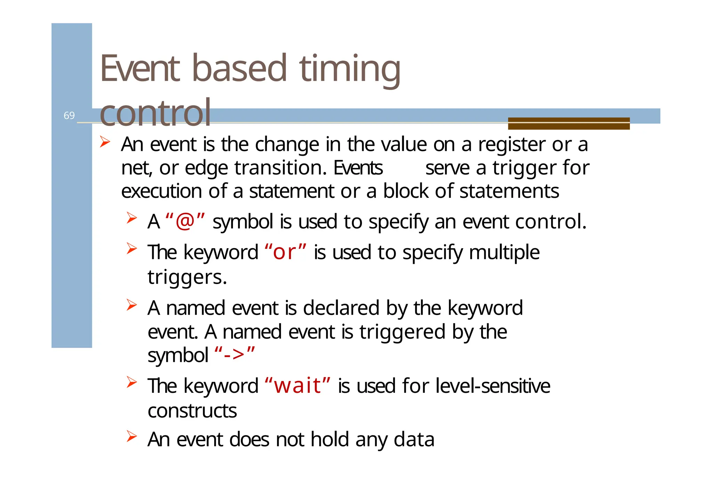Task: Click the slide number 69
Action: [x=69, y=115]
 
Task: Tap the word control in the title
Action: [x=155, y=113]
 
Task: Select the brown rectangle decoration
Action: [x=568, y=123]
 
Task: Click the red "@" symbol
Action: [x=185, y=221]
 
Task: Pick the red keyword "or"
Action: [x=285, y=252]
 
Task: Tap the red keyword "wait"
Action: [x=297, y=386]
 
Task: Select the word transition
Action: [x=280, y=168]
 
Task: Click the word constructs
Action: [x=192, y=411]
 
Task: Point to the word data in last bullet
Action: [x=414, y=439]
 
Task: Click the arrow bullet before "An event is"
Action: [x=105, y=142]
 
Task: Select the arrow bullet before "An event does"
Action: [x=131, y=436]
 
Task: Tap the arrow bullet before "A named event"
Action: [x=131, y=305]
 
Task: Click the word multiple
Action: [x=504, y=252]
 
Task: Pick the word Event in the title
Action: [x=140, y=69]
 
